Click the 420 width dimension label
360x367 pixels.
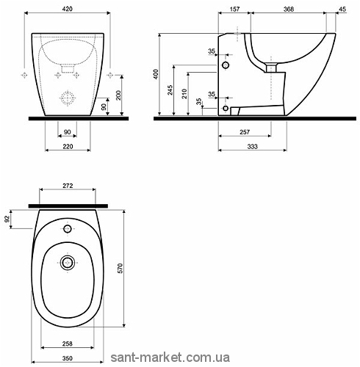(68, 9)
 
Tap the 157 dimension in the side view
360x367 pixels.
(234, 9)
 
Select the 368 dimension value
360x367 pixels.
(289, 9)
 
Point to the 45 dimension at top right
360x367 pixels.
(342, 9)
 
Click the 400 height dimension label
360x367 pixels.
(156, 74)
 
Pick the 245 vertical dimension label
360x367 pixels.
(170, 90)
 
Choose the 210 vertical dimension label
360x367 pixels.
(184, 94)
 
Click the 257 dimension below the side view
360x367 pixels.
(245, 132)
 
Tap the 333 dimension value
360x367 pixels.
(252, 146)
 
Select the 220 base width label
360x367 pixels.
(68, 146)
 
